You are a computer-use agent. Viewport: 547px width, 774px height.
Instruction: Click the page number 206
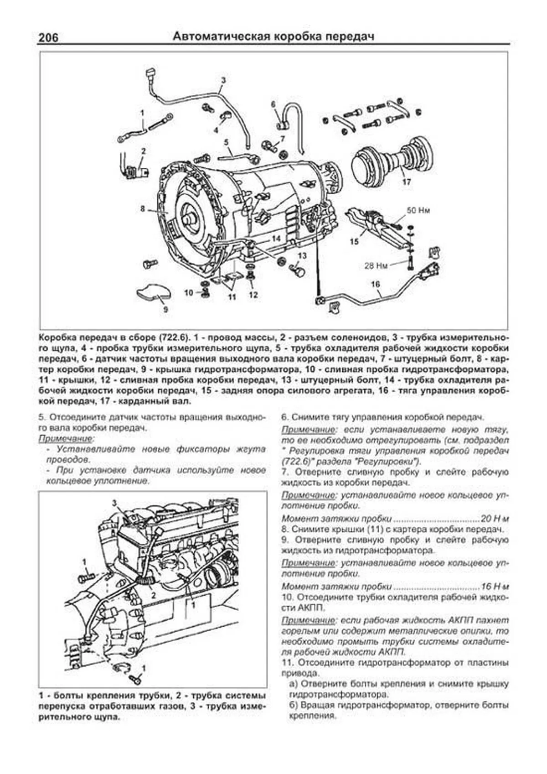[x=48, y=37]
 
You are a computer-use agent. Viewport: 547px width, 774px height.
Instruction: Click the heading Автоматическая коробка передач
[x=273, y=36]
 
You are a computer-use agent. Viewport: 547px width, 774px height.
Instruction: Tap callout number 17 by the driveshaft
[x=407, y=182]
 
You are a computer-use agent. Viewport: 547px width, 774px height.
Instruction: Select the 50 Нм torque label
[x=418, y=211]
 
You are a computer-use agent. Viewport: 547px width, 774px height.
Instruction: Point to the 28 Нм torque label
[x=376, y=265]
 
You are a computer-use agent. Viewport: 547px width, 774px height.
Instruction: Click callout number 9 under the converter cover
[x=165, y=309]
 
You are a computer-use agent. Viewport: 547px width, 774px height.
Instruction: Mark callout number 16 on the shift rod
[x=375, y=284]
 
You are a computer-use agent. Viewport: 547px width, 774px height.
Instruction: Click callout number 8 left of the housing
[x=143, y=208]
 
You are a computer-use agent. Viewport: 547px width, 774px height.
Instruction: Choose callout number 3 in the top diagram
[x=223, y=80]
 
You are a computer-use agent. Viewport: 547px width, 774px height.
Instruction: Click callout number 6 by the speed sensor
[x=273, y=104]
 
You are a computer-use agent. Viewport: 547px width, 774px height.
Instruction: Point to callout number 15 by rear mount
[x=354, y=242]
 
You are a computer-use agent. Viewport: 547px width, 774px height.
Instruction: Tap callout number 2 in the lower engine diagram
[x=154, y=595]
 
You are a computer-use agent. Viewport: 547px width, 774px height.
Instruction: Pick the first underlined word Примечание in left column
[x=66, y=438]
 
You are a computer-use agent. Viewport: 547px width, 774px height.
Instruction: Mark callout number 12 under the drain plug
[x=253, y=295]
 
